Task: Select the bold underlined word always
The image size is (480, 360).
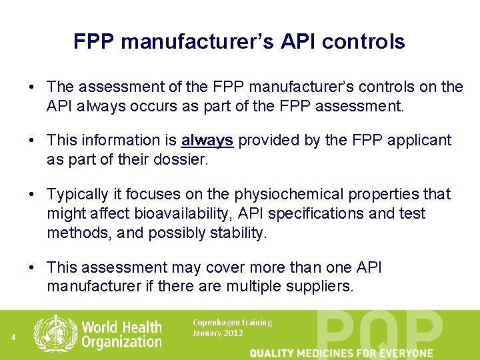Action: pyautogui.click(x=207, y=140)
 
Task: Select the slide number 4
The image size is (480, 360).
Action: pyautogui.click(x=13, y=337)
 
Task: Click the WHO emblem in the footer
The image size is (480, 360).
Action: pyautogui.click(x=55, y=334)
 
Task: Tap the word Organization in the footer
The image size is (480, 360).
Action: pyautogui.click(x=121, y=343)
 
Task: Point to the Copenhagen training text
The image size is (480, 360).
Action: pyautogui.click(x=232, y=323)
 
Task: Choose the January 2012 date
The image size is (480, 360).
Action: pyautogui.click(x=218, y=333)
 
